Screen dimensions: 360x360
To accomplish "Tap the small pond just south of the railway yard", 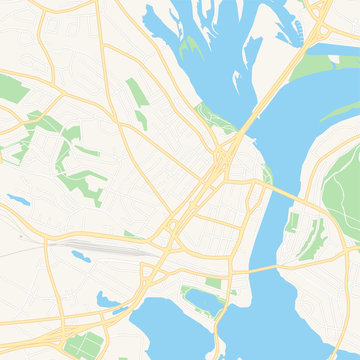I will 81,258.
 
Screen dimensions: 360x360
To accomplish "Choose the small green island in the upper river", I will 191,45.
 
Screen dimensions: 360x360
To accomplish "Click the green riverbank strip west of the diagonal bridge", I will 213,118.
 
